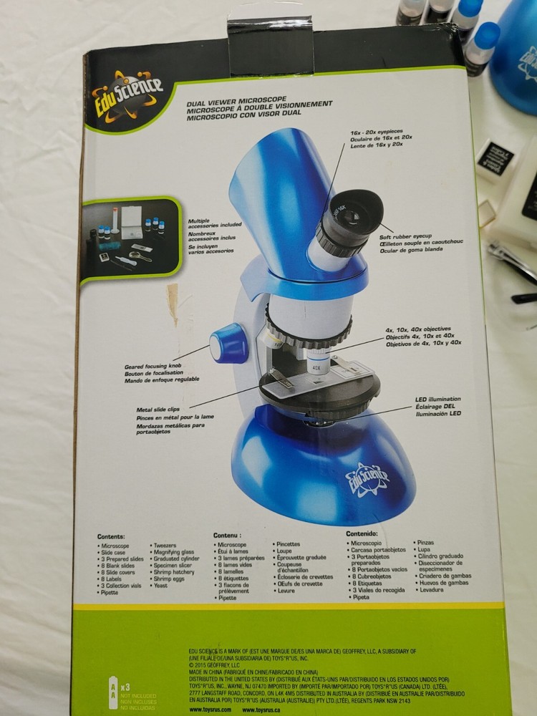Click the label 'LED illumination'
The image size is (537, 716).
437,399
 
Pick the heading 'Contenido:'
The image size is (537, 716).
362,533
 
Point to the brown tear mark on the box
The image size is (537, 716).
173,299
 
